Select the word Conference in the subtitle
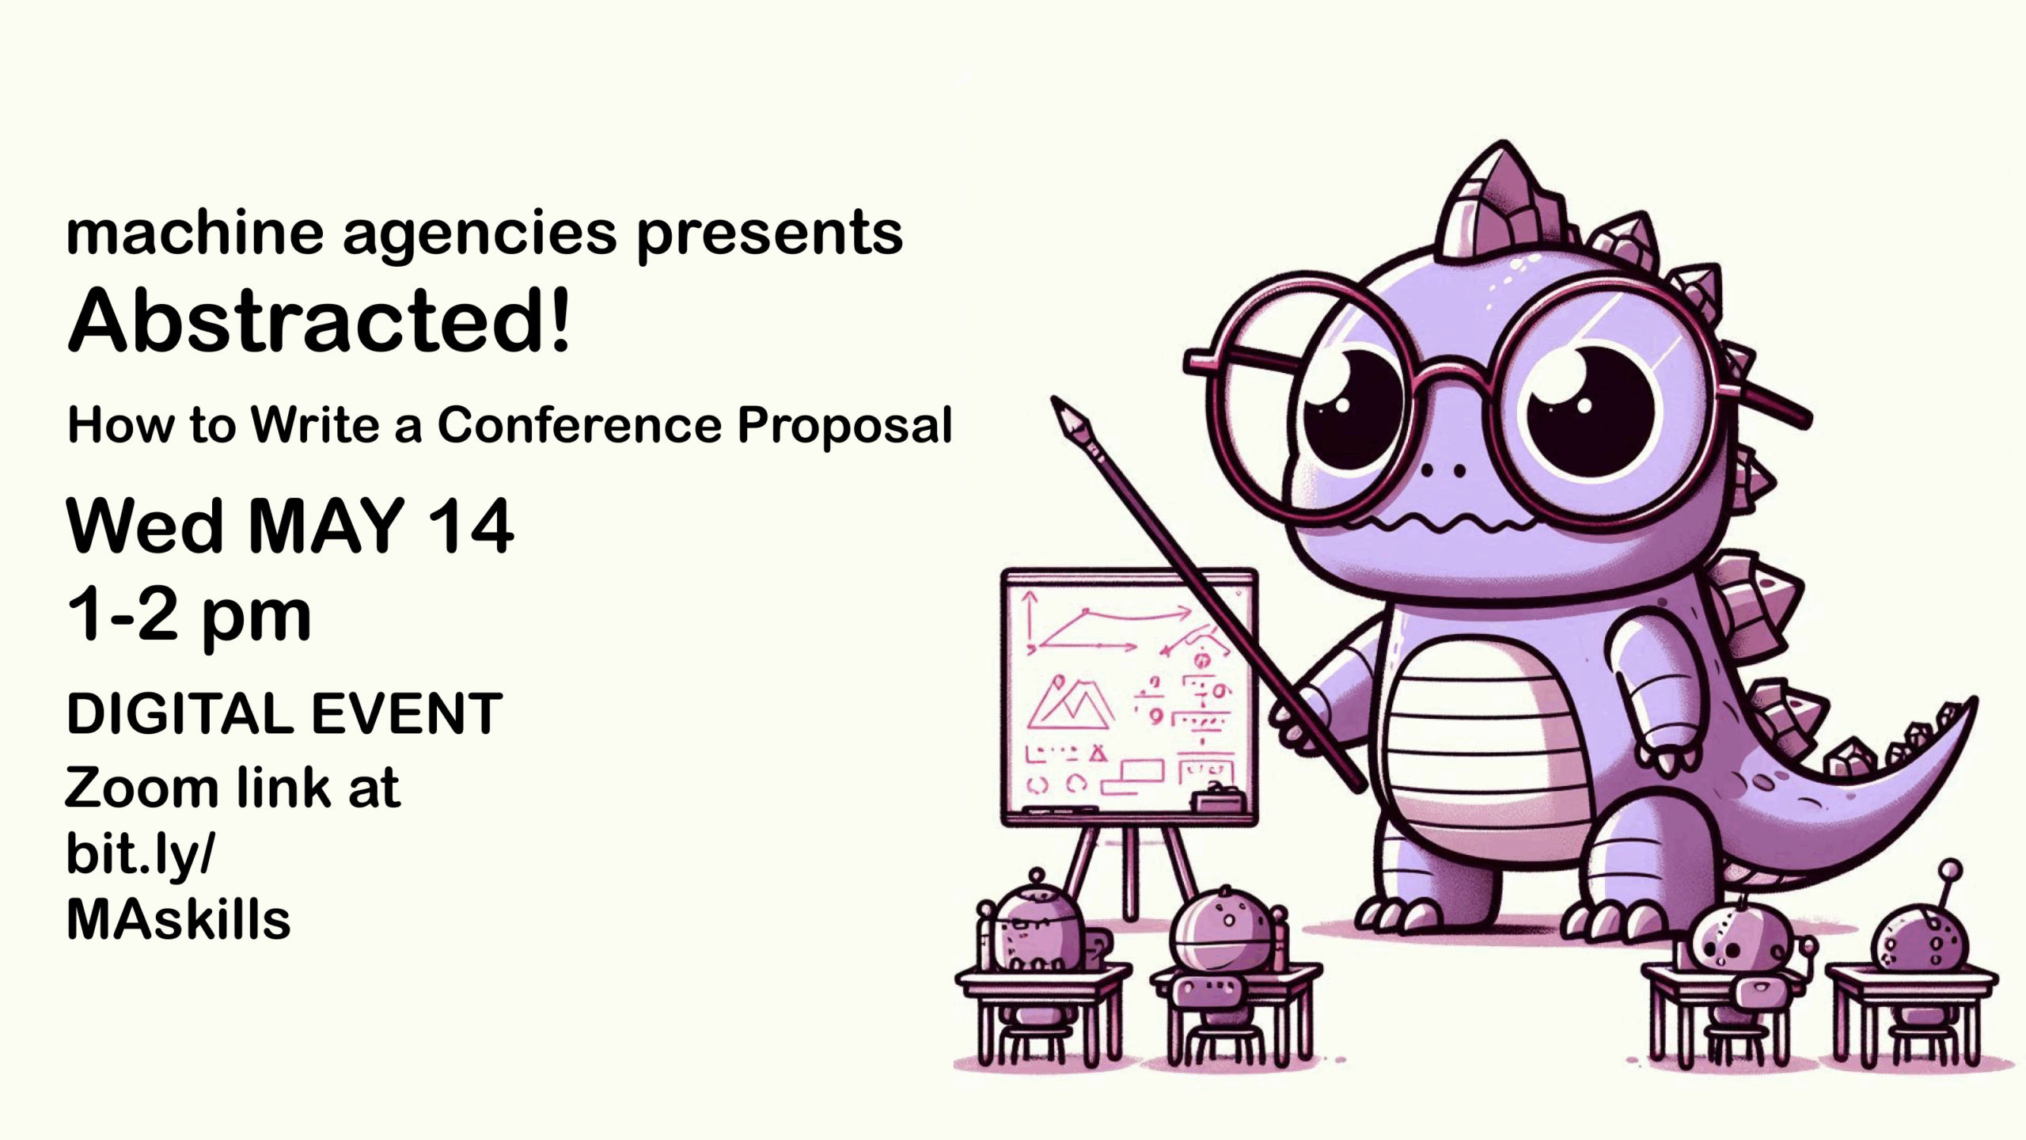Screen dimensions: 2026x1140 (579, 425)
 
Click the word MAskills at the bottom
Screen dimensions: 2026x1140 (178, 919)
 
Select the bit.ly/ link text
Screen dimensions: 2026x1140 (140, 854)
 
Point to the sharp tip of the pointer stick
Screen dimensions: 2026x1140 (1054, 399)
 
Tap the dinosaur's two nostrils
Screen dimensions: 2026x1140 (1443, 471)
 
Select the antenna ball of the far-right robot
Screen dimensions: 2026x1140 (1951, 869)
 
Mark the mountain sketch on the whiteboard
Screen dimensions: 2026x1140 (1069, 703)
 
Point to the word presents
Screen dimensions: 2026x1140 (769, 234)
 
